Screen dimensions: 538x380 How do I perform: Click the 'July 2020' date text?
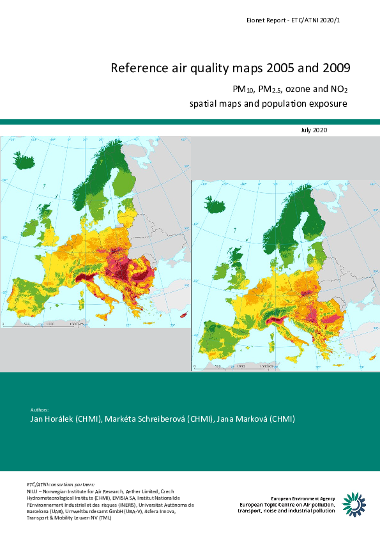(x=314, y=130)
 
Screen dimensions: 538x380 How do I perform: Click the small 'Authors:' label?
(x=40, y=409)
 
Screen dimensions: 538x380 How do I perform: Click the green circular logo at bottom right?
(x=354, y=504)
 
